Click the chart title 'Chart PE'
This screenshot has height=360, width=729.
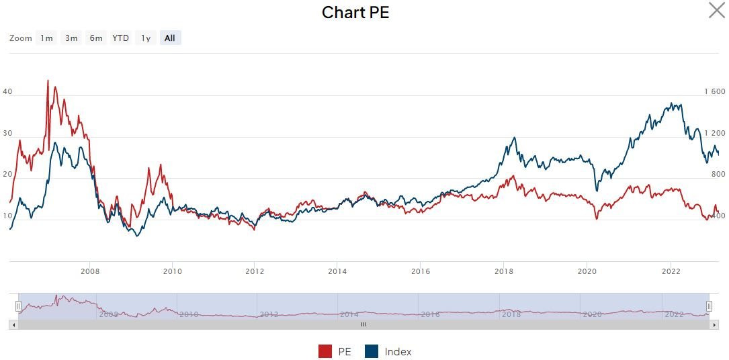point(355,13)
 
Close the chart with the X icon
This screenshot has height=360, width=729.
point(717,10)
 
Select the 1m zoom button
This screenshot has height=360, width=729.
point(46,38)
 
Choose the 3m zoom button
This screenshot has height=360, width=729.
point(71,38)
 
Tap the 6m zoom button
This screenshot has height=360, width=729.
point(96,38)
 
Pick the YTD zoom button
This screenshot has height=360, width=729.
point(121,38)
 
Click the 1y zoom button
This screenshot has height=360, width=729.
point(146,38)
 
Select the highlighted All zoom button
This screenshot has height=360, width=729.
point(170,38)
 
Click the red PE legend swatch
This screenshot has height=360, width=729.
point(325,351)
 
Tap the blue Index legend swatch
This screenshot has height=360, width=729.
point(372,351)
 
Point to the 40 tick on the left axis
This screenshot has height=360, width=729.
point(8,92)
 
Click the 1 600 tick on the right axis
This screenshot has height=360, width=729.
point(714,92)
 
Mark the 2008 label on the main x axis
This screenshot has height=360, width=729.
point(90,271)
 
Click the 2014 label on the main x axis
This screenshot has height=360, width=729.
point(337,271)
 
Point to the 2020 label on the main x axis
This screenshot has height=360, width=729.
point(587,271)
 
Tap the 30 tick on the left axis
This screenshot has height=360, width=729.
point(8,134)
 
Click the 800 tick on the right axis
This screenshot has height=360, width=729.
point(718,175)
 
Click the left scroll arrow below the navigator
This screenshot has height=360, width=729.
point(13,324)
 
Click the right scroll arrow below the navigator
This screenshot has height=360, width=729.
point(714,324)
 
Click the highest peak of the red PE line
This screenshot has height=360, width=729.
point(48,81)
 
